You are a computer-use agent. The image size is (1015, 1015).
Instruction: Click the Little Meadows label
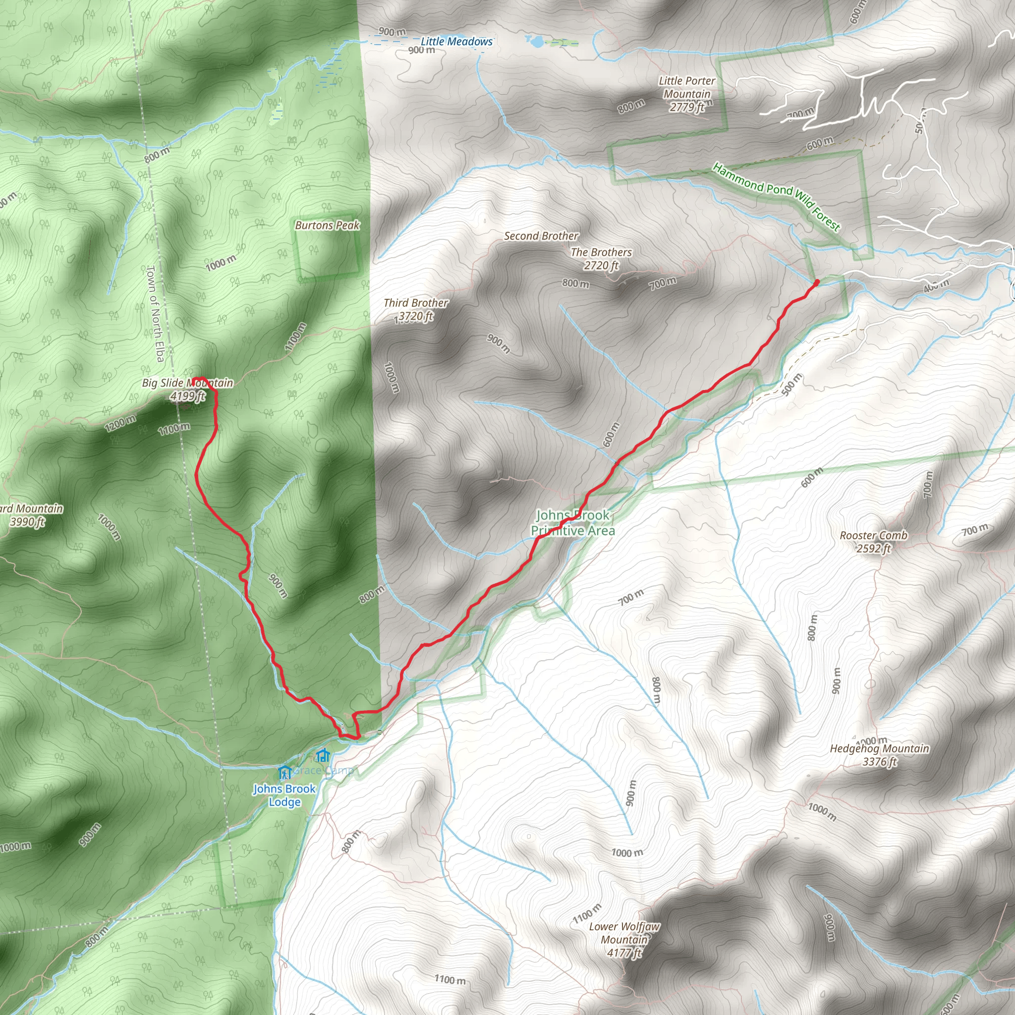456,42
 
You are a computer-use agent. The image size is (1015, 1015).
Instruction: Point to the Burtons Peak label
327,226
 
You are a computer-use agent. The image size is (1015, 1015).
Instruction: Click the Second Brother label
541,236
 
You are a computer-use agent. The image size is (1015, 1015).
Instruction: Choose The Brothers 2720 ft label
601,259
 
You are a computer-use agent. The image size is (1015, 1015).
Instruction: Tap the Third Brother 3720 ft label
415,309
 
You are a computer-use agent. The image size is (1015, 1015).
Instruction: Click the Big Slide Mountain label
187,383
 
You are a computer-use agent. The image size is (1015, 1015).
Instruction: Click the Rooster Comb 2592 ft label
873,542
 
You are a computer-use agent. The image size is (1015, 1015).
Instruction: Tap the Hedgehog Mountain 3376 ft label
880,755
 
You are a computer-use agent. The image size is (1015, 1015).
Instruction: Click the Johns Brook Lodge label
284,795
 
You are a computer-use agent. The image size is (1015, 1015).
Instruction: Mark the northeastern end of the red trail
816,282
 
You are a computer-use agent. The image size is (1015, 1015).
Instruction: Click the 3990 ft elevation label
27,522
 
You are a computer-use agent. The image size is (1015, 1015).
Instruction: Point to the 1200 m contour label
120,423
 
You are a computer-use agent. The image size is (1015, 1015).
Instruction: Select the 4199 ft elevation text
187,396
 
